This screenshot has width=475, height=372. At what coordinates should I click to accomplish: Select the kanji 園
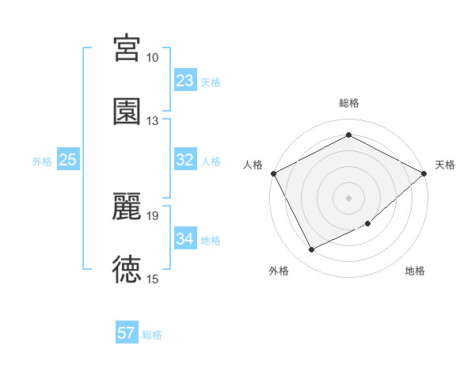pyautogui.click(x=127, y=111)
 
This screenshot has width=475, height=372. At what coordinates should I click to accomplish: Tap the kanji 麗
pyautogui.click(x=127, y=207)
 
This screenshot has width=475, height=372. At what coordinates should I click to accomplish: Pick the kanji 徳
pyautogui.click(x=127, y=269)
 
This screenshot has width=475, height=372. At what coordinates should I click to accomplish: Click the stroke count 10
pyautogui.click(x=152, y=58)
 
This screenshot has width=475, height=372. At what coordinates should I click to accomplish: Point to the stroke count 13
pyautogui.click(x=152, y=120)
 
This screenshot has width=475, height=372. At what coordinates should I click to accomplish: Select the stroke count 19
pyautogui.click(x=152, y=215)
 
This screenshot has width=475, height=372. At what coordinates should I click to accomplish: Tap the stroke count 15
pyautogui.click(x=152, y=279)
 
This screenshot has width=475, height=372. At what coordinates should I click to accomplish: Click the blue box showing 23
pyautogui.click(x=185, y=81)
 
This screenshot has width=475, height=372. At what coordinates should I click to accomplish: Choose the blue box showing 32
pyautogui.click(x=185, y=160)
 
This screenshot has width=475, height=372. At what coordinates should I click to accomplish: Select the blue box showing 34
pyautogui.click(x=185, y=239)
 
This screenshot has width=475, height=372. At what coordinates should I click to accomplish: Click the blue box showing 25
pyautogui.click(x=68, y=160)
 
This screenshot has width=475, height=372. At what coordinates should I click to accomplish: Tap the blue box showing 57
pyautogui.click(x=127, y=333)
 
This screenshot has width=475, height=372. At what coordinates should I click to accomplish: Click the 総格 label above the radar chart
pyautogui.click(x=349, y=103)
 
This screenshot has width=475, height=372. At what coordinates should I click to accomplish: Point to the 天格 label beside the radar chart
pyautogui.click(x=445, y=165)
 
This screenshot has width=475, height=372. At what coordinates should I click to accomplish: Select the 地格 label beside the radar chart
pyautogui.click(x=415, y=271)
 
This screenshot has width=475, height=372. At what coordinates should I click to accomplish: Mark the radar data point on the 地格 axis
pyautogui.click(x=369, y=224)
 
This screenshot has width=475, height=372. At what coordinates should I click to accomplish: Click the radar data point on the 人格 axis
pyautogui.click(x=274, y=173)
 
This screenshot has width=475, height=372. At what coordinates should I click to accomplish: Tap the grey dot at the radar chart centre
pyautogui.click(x=348, y=197)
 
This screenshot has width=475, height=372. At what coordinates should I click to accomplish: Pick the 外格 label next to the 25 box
pyautogui.click(x=42, y=161)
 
